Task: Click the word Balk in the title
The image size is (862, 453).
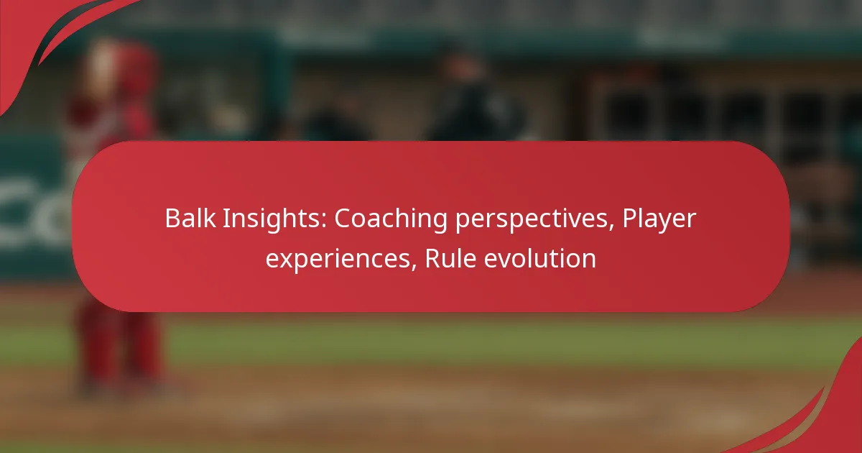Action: [190, 218]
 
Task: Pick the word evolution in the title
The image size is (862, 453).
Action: [540, 258]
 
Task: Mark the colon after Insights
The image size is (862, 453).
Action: [324, 221]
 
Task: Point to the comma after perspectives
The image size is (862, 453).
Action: [611, 227]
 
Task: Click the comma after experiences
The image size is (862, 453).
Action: [414, 267]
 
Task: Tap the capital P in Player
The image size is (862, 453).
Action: [629, 219]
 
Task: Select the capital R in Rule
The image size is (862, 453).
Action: [432, 258]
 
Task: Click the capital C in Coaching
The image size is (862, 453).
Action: [343, 219]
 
